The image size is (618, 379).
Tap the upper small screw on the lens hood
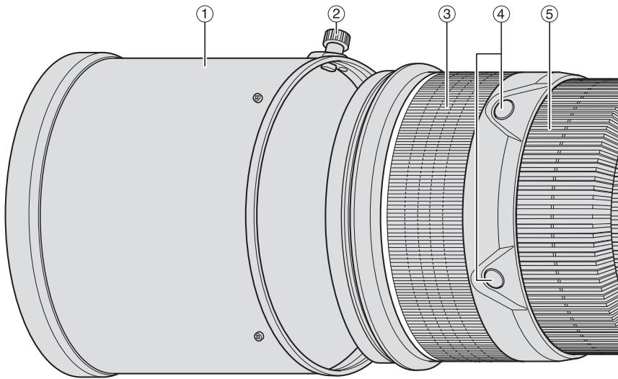(x=258, y=97)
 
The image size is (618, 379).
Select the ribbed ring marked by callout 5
(x=562, y=216)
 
